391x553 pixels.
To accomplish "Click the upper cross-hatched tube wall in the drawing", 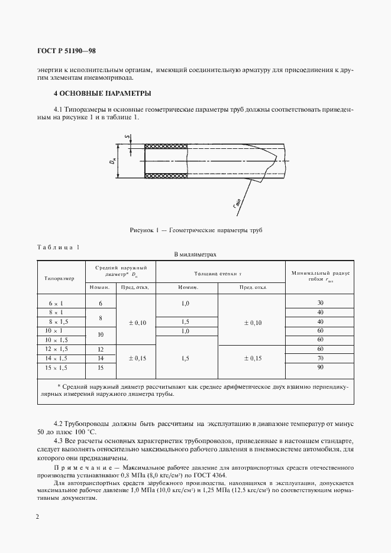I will tap(166, 147).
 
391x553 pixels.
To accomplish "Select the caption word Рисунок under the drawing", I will tap(143, 229).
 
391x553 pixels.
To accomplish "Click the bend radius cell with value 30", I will tap(321, 303).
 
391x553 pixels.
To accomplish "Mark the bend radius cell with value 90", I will tap(321, 367).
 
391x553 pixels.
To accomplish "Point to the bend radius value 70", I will tap(321, 358).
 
